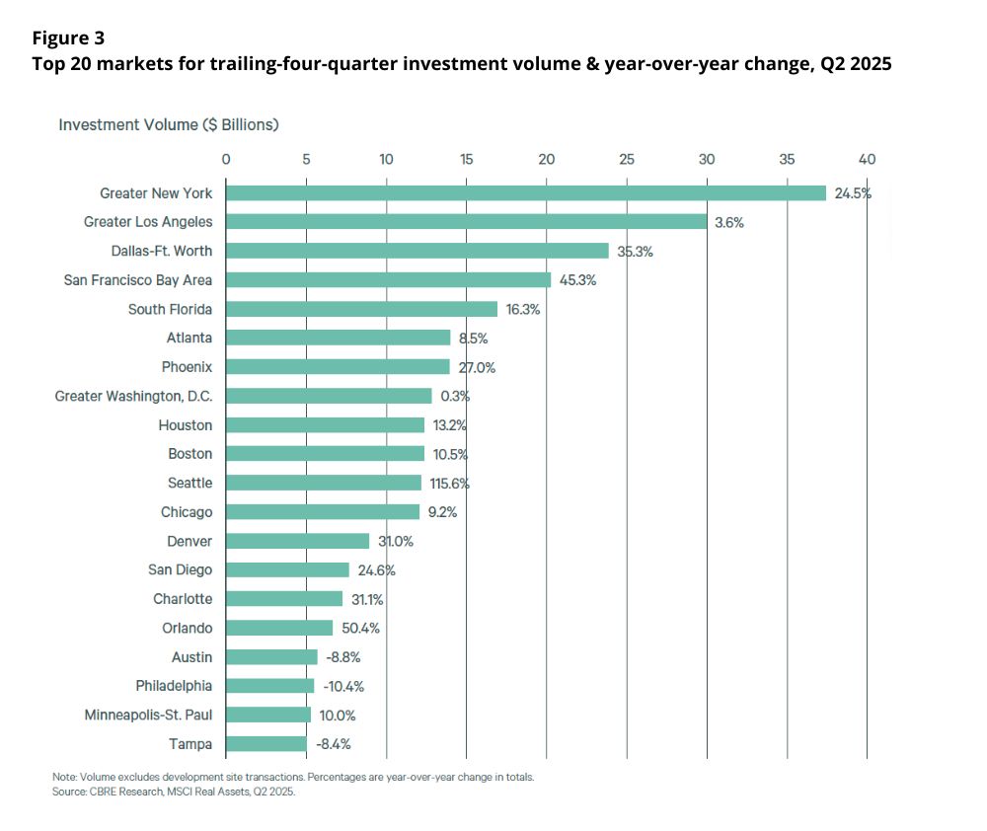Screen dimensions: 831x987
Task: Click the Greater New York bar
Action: [x=526, y=193]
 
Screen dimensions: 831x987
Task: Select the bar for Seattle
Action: [x=324, y=483]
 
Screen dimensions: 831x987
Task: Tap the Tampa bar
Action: [x=266, y=743]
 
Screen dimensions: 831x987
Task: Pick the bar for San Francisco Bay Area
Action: [x=388, y=280]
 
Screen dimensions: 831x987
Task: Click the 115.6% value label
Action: [x=448, y=483]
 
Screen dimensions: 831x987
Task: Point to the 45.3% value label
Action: [x=577, y=280]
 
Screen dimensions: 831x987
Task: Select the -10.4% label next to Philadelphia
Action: [x=344, y=686]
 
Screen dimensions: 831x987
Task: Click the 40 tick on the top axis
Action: [x=867, y=159]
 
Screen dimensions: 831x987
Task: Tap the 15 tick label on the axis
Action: [x=466, y=159]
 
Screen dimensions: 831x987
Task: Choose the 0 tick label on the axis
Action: [x=226, y=159]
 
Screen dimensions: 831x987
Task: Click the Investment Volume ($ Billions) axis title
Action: [x=168, y=125]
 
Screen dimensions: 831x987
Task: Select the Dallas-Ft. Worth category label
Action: [x=162, y=251]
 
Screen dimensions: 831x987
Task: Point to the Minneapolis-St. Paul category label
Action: [x=148, y=715]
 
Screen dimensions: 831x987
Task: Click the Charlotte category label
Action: [x=183, y=599]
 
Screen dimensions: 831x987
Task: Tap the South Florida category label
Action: [x=170, y=309]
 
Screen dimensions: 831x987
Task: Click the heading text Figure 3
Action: [x=68, y=38]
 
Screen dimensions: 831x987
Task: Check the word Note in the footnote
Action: [x=64, y=778]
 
